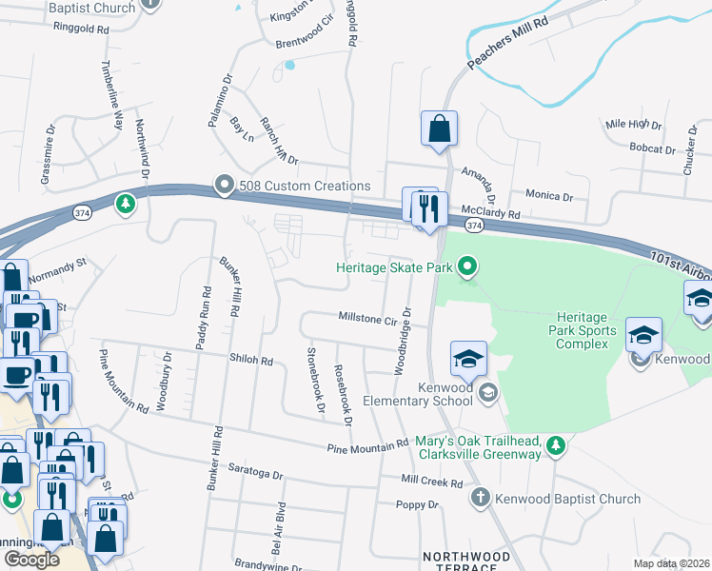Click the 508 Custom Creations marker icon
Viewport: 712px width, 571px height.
click(x=224, y=185)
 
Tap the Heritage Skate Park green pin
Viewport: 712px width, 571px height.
click(x=466, y=268)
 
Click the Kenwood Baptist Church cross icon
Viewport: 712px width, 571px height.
click(x=481, y=498)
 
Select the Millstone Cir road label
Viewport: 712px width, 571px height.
click(x=366, y=320)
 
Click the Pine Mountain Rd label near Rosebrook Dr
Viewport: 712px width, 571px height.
click(x=366, y=447)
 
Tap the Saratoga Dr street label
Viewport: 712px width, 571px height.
click(x=257, y=473)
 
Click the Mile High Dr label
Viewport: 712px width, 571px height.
click(x=633, y=124)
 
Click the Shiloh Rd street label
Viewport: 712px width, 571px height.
click(x=251, y=361)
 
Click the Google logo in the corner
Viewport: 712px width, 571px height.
click(x=31, y=559)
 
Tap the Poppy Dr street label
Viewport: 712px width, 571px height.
click(x=419, y=504)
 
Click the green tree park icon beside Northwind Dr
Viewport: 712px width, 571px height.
click(x=125, y=203)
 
